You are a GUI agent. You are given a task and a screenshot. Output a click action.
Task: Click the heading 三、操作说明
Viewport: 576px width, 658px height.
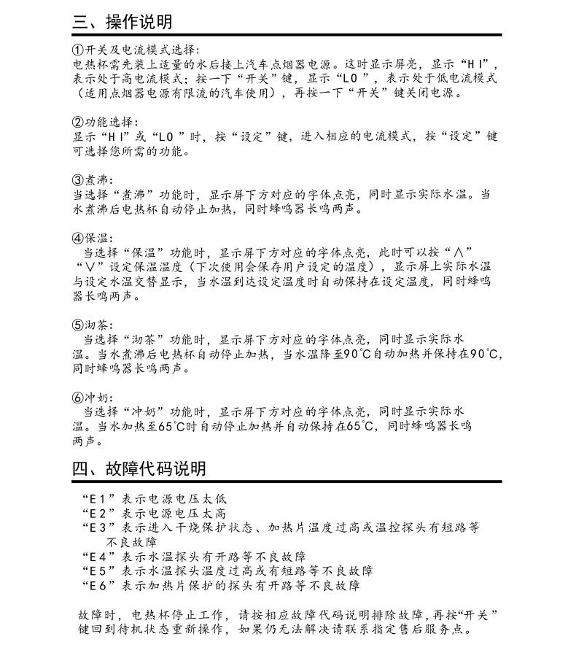pyautogui.click(x=122, y=22)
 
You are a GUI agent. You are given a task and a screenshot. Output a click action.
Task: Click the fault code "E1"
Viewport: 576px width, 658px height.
pyautogui.click(x=97, y=500)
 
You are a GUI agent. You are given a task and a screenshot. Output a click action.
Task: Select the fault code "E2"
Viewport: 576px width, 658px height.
pyautogui.click(x=97, y=514)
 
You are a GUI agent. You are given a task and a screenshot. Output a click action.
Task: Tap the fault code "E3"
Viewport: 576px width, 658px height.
pyautogui.click(x=97, y=527)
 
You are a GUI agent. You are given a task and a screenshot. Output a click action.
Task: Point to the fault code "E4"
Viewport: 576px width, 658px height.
pyautogui.click(x=97, y=557)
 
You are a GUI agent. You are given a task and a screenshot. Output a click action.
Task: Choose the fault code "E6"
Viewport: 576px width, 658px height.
pyautogui.click(x=97, y=585)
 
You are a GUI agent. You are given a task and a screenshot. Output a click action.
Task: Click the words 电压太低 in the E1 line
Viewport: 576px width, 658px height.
pyautogui.click(x=201, y=500)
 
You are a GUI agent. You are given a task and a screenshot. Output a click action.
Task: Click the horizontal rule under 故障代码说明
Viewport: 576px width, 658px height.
pyautogui.click(x=287, y=481)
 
